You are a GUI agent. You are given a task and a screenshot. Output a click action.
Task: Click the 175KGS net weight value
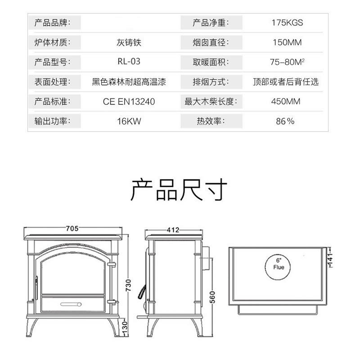click(287, 22)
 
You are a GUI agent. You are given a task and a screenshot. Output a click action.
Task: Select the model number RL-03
click(129, 62)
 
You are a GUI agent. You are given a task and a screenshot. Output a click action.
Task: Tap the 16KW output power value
click(129, 121)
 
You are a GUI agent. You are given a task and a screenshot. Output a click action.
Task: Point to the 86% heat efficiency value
click(285, 121)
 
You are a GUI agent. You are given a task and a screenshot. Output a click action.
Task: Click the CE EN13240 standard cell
click(129, 102)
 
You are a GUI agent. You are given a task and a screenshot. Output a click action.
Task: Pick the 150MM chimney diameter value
click(287, 42)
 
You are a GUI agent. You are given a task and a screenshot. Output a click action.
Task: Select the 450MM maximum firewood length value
click(286, 102)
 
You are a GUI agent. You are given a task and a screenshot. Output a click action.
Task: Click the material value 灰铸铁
click(129, 42)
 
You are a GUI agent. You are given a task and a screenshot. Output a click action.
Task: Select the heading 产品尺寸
click(179, 191)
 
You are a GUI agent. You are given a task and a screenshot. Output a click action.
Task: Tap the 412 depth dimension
click(173, 230)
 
